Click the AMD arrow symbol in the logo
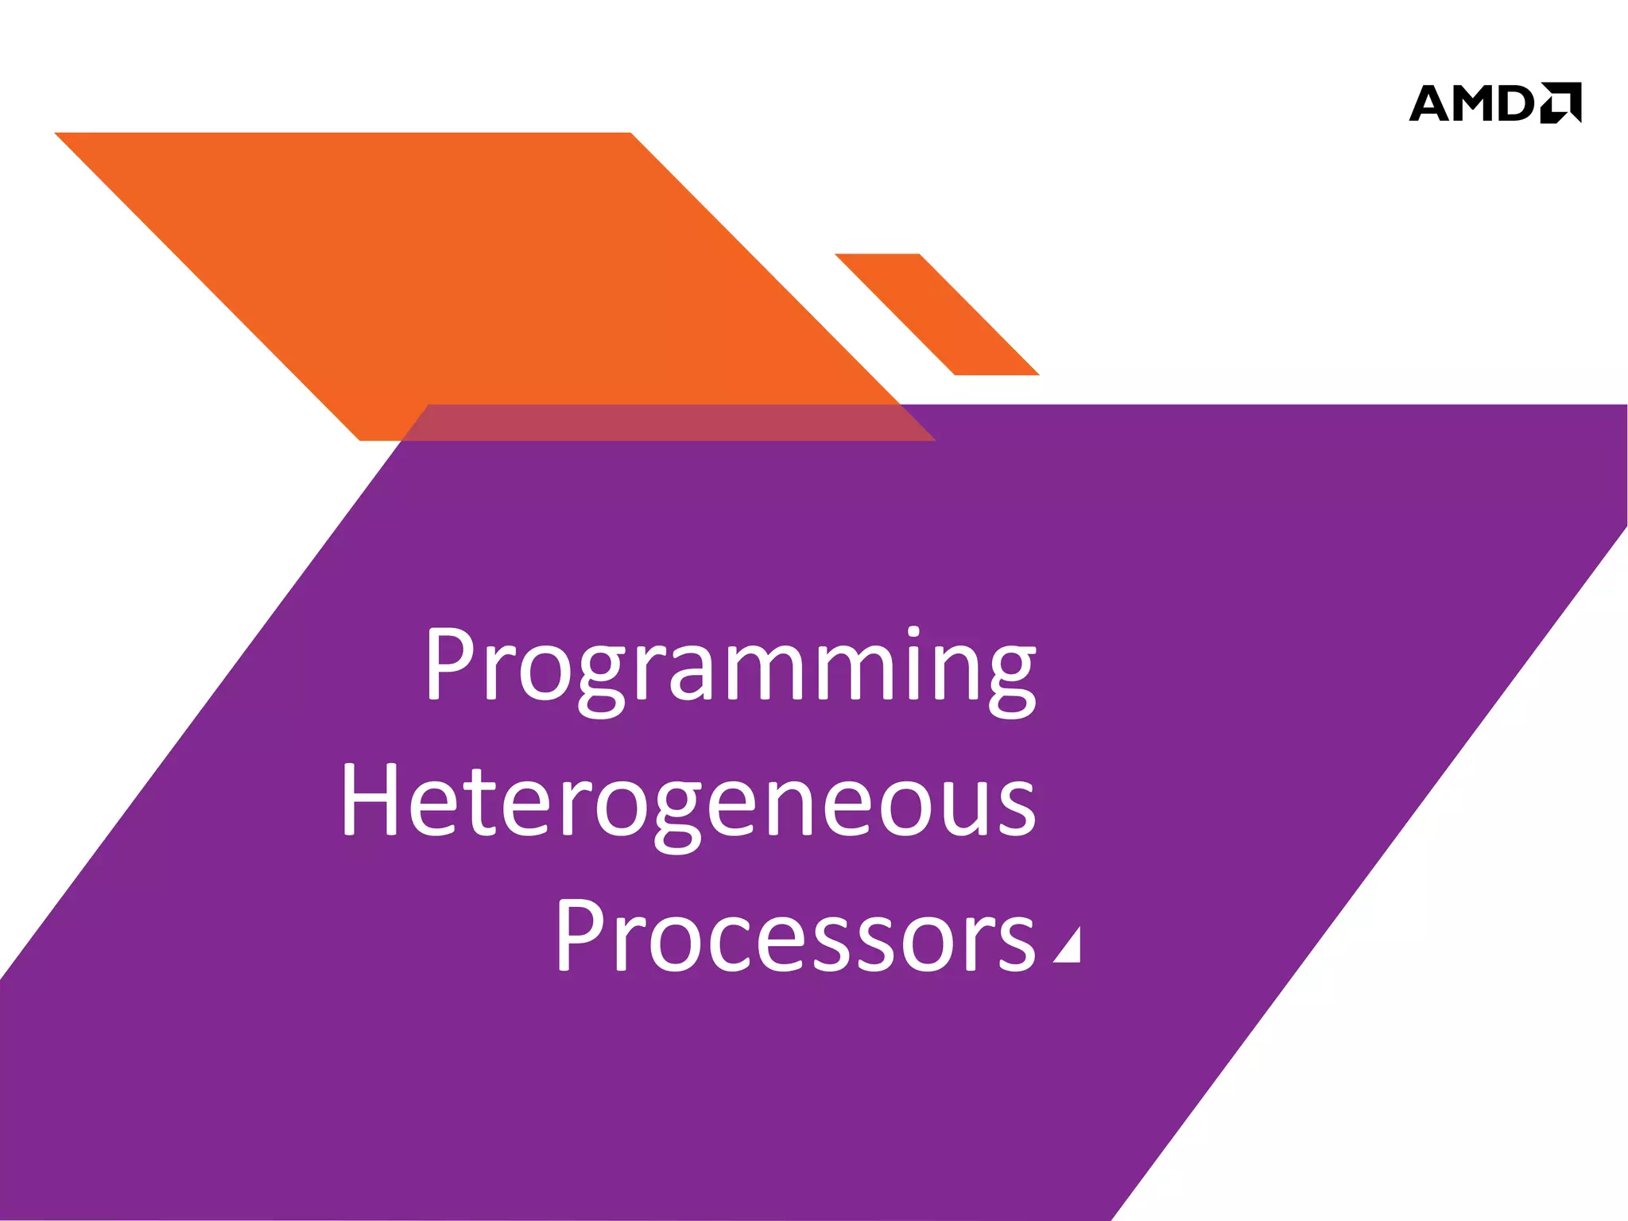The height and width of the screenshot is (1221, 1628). coord(1560,103)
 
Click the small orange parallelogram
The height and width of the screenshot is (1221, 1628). coord(936,314)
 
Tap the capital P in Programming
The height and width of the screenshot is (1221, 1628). coord(452,663)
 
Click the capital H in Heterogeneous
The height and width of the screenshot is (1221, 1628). coord(370,799)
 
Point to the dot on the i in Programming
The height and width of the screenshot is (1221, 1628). coord(913,633)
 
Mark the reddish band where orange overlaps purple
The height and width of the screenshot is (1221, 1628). coord(668,422)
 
